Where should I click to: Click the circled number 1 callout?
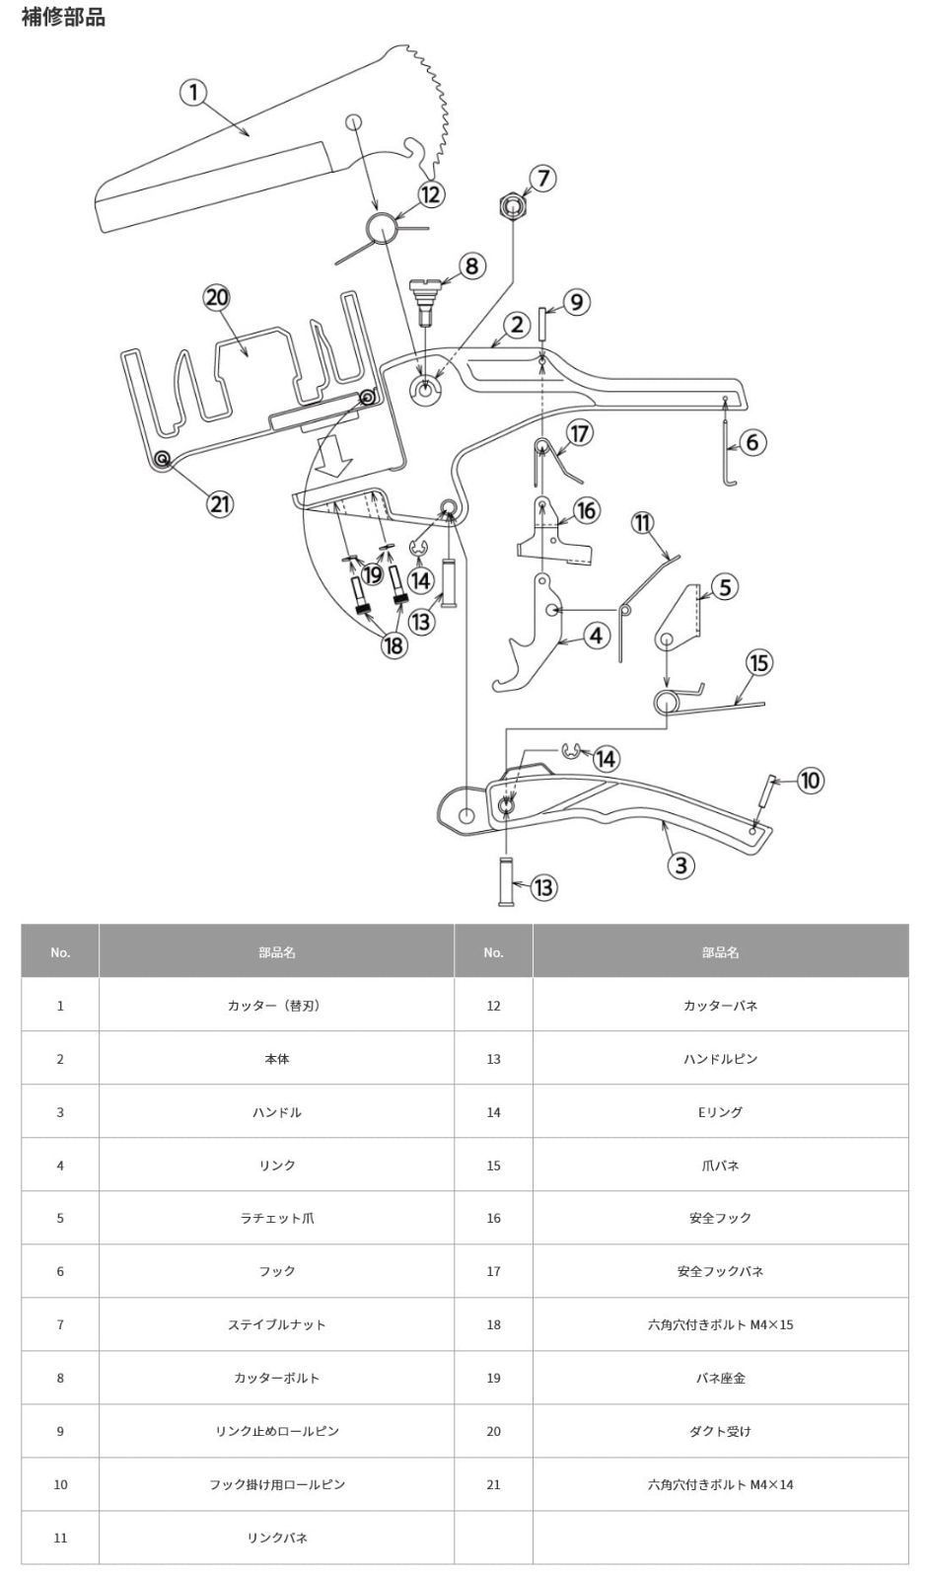tap(193, 93)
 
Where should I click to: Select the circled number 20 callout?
tap(216, 297)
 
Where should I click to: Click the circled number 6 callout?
tap(752, 441)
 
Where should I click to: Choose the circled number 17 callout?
tap(580, 433)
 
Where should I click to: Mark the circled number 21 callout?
tap(219, 504)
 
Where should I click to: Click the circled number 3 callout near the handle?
tap(680, 865)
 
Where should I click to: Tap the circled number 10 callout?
tap(809, 781)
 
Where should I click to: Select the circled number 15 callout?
tap(758, 661)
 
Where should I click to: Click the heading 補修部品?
tap(63, 17)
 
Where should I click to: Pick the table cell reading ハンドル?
tap(276, 1112)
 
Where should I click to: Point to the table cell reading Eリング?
tap(720, 1112)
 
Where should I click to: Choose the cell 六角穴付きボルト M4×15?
tap(720, 1324)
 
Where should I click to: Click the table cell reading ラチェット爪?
tap(276, 1218)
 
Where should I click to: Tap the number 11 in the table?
tap(60, 1538)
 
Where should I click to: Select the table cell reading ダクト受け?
tap(720, 1431)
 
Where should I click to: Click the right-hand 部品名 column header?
tap(720, 952)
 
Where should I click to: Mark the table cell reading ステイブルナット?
tap(276, 1324)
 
